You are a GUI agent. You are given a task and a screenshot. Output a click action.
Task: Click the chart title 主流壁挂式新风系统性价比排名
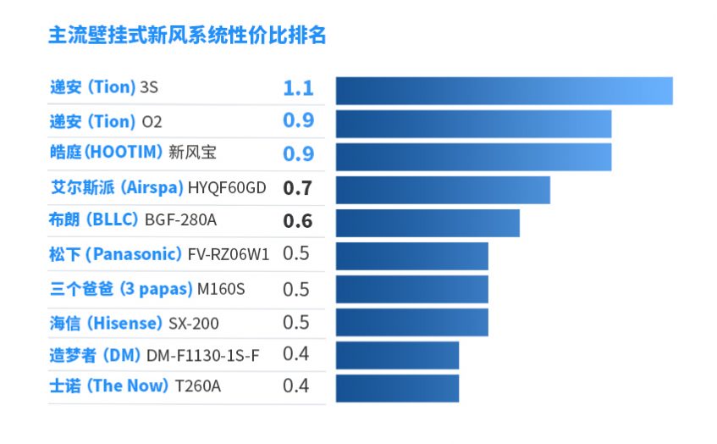click(x=187, y=36)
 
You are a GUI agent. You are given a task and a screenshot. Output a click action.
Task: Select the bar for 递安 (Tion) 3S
click(x=504, y=91)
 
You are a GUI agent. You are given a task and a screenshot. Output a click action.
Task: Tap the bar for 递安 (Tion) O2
click(x=473, y=124)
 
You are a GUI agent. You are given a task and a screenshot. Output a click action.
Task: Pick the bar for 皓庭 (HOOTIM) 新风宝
click(x=473, y=157)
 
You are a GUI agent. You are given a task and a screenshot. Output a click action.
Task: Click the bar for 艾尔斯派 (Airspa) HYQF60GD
click(x=443, y=190)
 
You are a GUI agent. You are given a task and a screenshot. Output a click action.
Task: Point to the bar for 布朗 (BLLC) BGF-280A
click(x=427, y=223)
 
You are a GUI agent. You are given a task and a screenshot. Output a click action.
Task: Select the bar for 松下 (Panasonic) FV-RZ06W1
click(x=412, y=256)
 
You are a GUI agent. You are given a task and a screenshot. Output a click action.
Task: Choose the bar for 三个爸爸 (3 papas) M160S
click(x=412, y=289)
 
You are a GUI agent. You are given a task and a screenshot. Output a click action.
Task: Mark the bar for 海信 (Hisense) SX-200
click(x=412, y=322)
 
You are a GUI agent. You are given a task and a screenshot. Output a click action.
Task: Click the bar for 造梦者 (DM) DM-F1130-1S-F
click(x=397, y=355)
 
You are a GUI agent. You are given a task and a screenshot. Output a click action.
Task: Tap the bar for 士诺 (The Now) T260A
click(x=397, y=388)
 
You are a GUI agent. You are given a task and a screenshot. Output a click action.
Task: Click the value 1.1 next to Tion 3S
click(x=298, y=88)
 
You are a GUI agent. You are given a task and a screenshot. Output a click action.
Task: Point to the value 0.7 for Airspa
click(x=298, y=188)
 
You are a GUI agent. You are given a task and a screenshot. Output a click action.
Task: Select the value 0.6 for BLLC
click(x=298, y=221)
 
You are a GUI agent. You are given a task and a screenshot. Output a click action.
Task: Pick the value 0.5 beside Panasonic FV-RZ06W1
click(x=296, y=254)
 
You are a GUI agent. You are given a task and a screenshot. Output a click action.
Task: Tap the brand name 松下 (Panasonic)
click(x=116, y=254)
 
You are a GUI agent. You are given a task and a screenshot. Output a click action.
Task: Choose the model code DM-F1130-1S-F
click(x=202, y=354)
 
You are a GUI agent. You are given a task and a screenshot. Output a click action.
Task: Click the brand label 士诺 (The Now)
click(x=109, y=386)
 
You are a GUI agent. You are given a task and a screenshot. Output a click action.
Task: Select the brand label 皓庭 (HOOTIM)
click(x=107, y=153)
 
